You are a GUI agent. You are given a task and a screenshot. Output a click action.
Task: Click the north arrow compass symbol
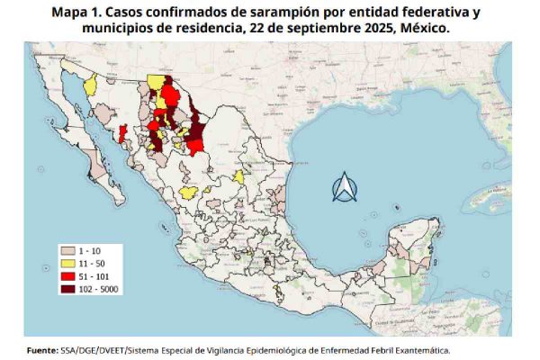[x=345, y=187]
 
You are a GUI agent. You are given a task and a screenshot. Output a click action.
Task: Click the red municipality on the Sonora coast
[x=122, y=135]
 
